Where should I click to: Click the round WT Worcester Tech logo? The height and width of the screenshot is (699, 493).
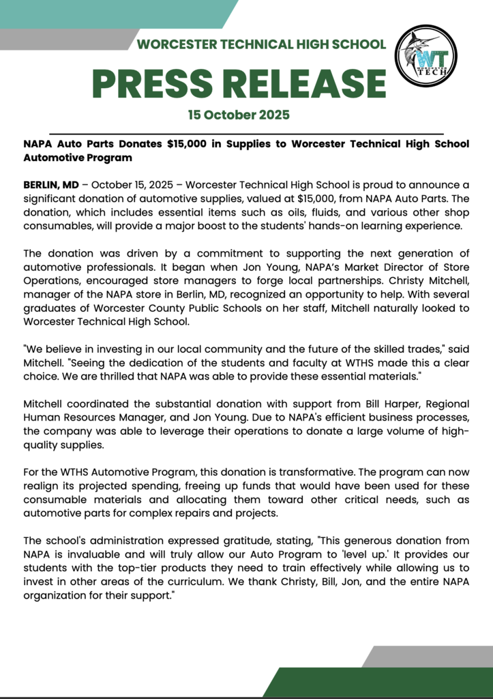point(426,56)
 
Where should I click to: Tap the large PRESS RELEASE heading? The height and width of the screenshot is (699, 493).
point(239,83)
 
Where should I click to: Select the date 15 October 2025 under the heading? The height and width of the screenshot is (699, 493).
point(239,115)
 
